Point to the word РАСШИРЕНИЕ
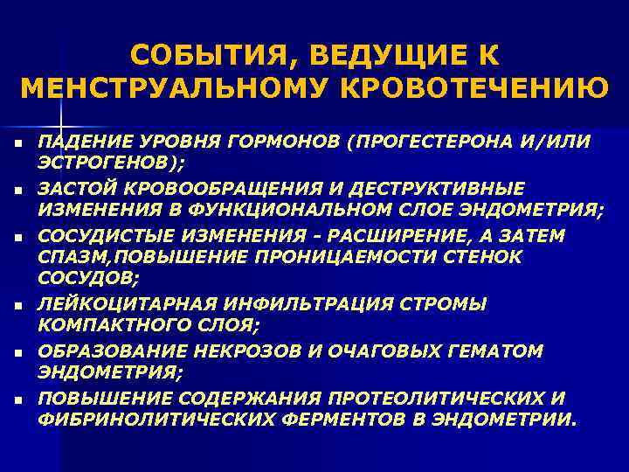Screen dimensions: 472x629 pyautogui.click(x=391, y=236)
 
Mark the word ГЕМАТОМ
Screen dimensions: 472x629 pyautogui.click(x=497, y=351)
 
